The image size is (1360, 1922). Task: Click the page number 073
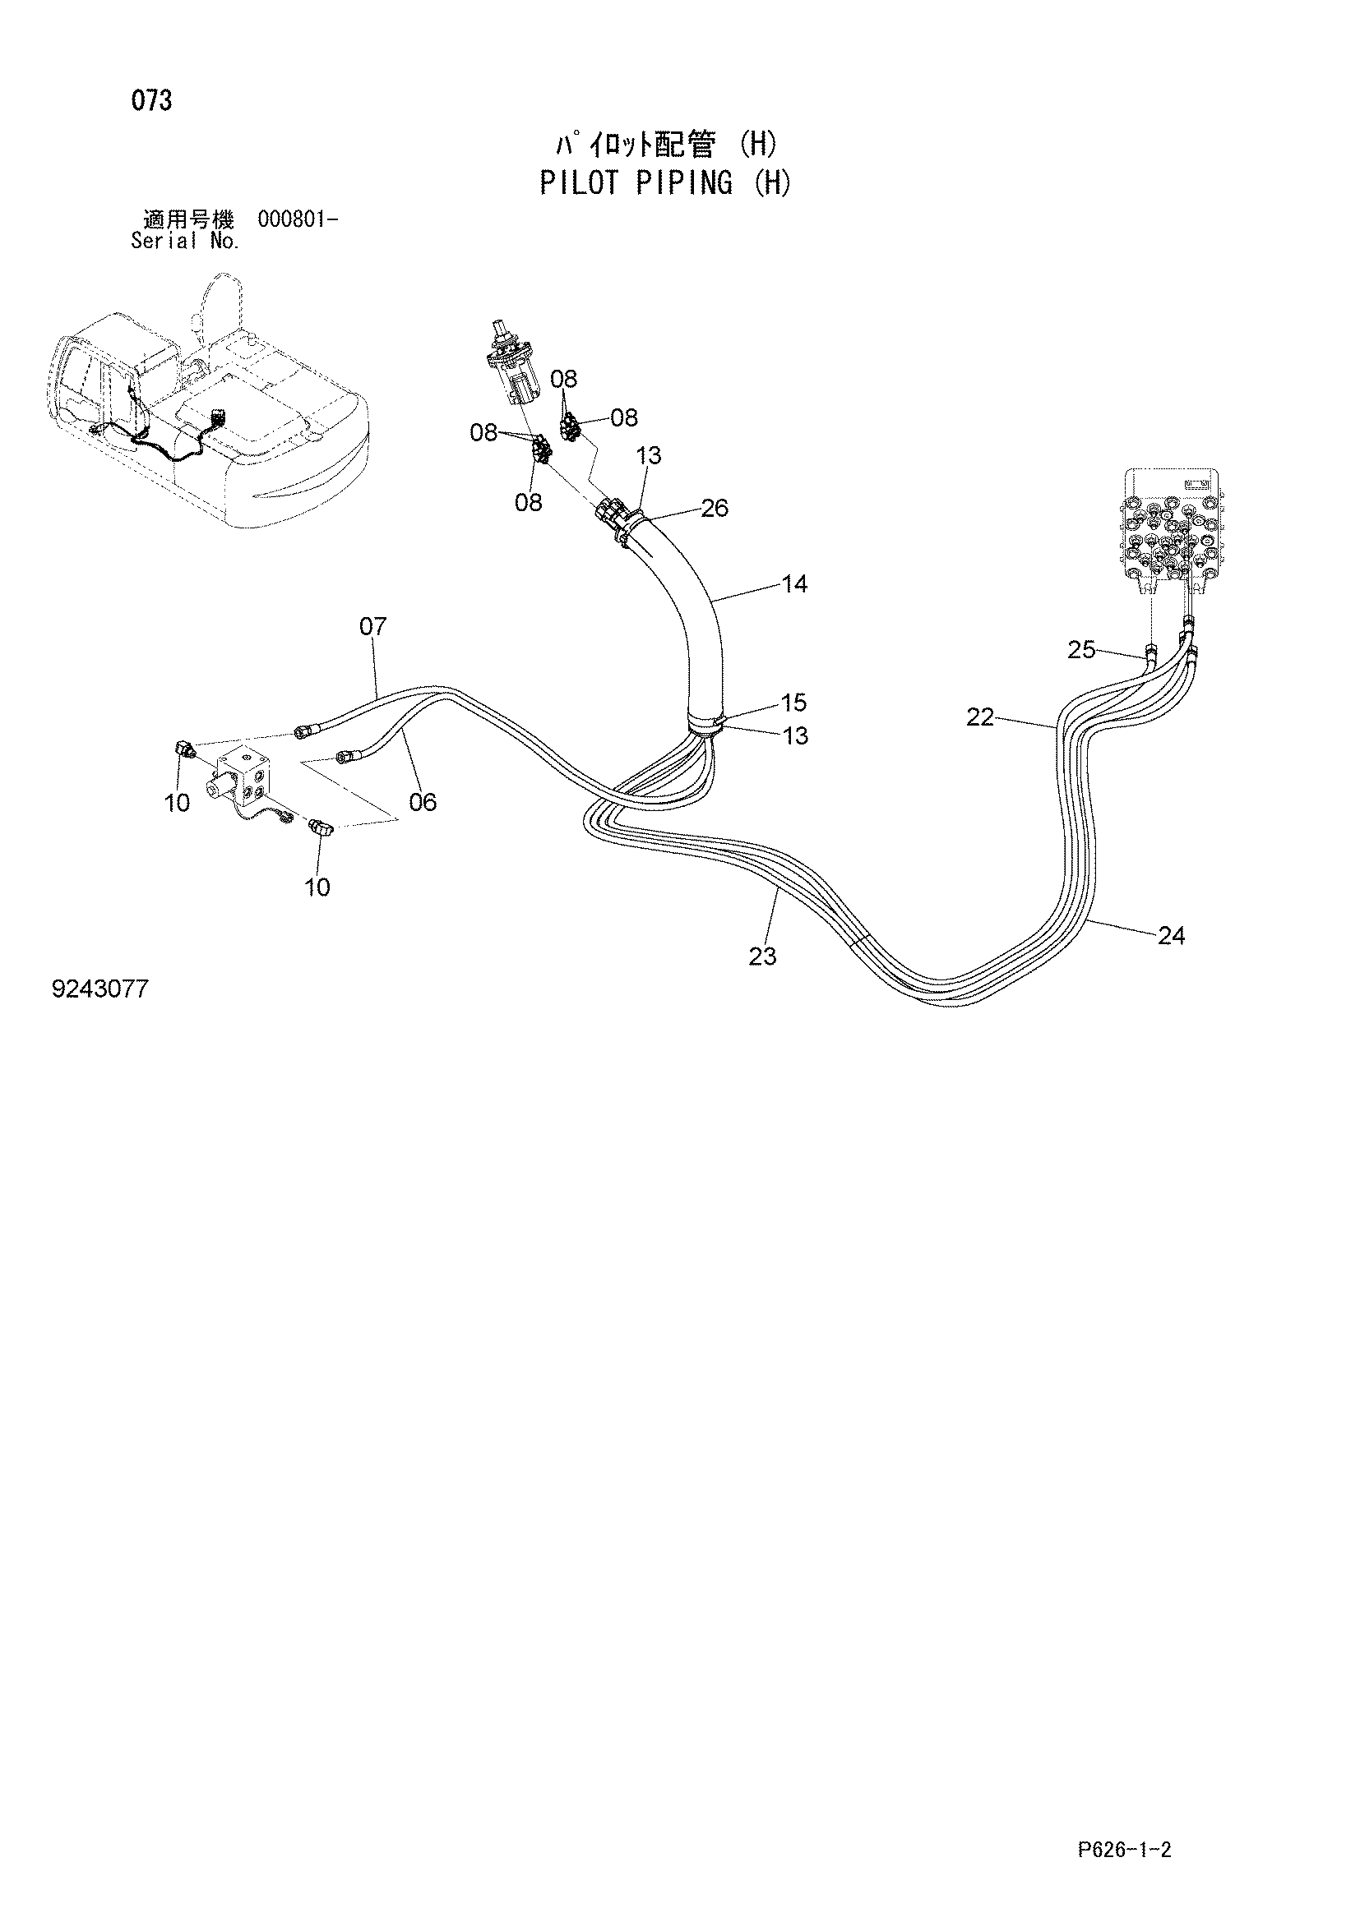151,101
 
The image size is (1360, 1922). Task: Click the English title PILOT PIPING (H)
665,182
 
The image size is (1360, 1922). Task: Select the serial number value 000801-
298,220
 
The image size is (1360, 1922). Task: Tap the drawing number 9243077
100,989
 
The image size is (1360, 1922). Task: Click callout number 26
715,507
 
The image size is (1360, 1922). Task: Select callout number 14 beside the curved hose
794,583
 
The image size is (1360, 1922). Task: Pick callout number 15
794,702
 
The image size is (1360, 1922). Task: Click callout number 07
373,626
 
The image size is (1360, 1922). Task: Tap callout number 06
423,803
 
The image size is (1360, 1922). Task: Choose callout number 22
980,717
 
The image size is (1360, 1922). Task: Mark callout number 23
762,956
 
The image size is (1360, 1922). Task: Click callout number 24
1171,936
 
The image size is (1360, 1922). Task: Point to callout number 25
1081,650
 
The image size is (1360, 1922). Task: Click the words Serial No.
186,242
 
